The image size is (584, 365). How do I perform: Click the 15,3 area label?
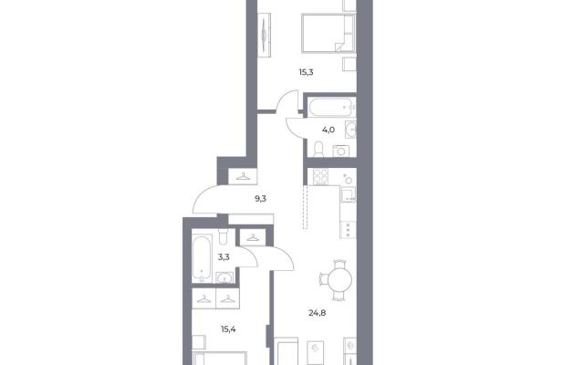pyautogui.click(x=306, y=72)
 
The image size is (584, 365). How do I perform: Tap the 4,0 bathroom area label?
pyautogui.click(x=328, y=130)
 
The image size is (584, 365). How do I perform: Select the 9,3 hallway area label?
pyautogui.click(x=260, y=199)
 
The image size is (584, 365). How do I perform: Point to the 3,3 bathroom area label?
pyautogui.click(x=224, y=257)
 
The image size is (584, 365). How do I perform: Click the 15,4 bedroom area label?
pyautogui.click(x=228, y=329)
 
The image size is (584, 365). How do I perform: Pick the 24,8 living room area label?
pyautogui.click(x=317, y=313)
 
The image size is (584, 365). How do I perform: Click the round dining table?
pyautogui.click(x=339, y=280)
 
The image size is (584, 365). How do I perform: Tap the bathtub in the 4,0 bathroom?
pyautogui.click(x=332, y=107)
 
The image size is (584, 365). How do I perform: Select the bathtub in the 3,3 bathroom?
pyautogui.click(x=203, y=258)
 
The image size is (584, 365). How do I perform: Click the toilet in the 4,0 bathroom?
pyautogui.click(x=318, y=150)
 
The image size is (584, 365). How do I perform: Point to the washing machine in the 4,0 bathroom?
pyautogui.click(x=341, y=151)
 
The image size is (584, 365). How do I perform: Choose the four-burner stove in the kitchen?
pyautogui.click(x=320, y=177)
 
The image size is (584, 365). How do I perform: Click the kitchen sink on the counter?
pyautogui.click(x=349, y=194)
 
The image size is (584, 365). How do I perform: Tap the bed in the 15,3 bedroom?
pyautogui.click(x=328, y=33)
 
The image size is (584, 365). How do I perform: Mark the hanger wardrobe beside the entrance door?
pyautogui.click(x=243, y=176)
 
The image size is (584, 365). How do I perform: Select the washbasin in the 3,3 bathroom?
pyautogui.click(x=224, y=277)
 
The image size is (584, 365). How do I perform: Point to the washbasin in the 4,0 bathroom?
pyautogui.click(x=350, y=130)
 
